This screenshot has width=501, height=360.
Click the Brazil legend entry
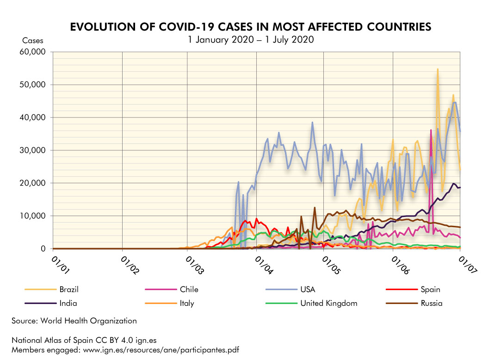pos(69,290)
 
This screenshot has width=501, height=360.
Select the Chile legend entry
pos(189,290)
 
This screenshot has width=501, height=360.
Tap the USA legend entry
pos(308,290)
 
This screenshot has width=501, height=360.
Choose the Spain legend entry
pos(431,290)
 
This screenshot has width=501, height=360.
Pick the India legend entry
pos(68,304)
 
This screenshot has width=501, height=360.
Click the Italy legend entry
pos(187,304)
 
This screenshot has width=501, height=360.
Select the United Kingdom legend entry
pos(328,304)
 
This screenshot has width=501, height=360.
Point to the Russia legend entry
pos(432,304)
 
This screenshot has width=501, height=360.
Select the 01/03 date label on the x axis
pos(194,267)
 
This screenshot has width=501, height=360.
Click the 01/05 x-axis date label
pos(330,267)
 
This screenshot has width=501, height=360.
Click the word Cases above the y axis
pos(33,41)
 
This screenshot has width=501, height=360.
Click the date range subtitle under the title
pos(250,40)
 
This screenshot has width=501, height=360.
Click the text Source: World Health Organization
pos(74,321)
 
